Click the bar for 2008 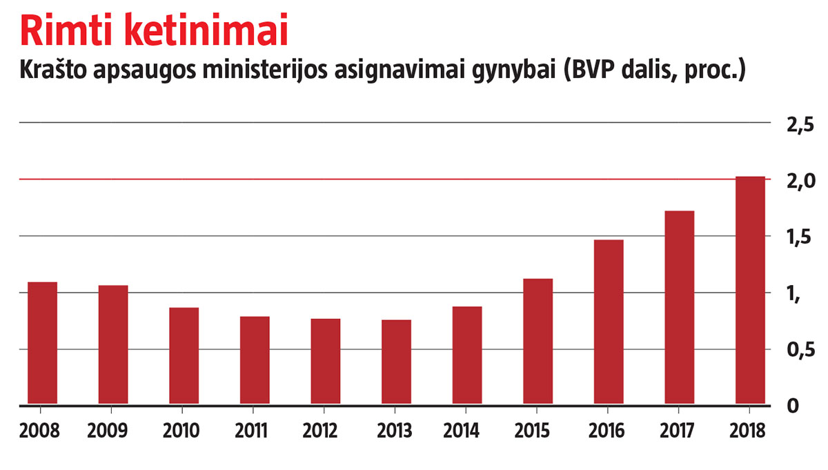(42, 342)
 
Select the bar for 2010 (184, 355)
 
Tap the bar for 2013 (396, 362)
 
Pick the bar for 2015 (538, 341)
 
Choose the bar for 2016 (609, 322)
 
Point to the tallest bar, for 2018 (750, 290)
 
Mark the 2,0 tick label (800, 182)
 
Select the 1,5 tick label (800, 239)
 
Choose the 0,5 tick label (800, 352)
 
